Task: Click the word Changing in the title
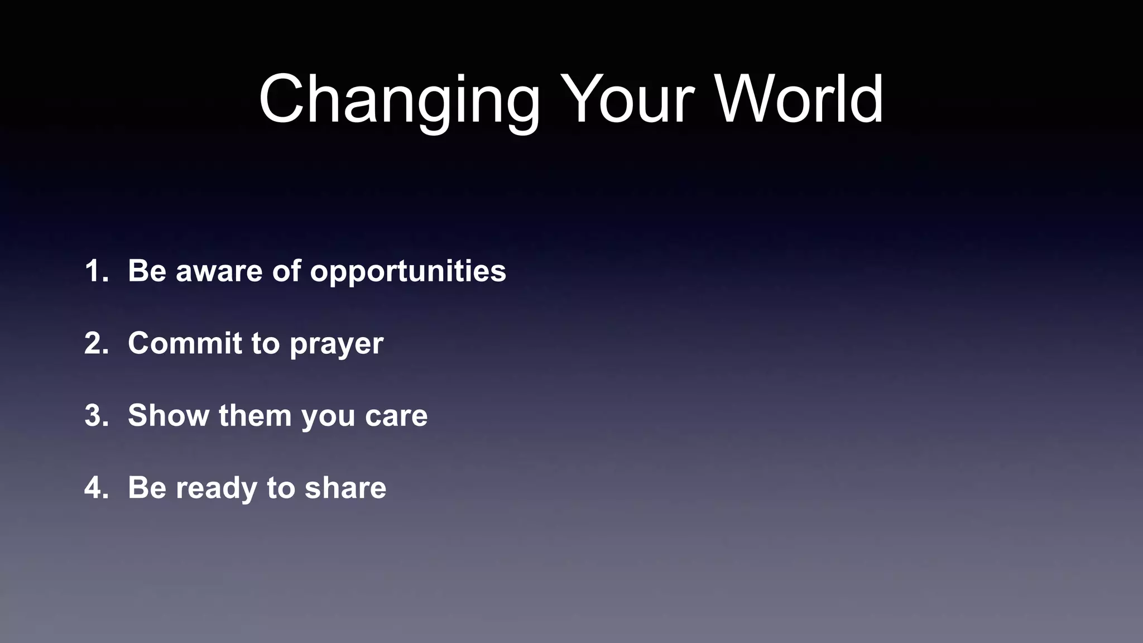click(399, 100)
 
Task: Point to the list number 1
click(96, 271)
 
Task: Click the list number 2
click(96, 343)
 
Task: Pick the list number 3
click(96, 416)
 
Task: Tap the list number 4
click(96, 488)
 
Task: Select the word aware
click(219, 271)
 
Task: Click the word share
click(345, 488)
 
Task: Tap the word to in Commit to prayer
click(265, 343)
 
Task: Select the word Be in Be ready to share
click(147, 488)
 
